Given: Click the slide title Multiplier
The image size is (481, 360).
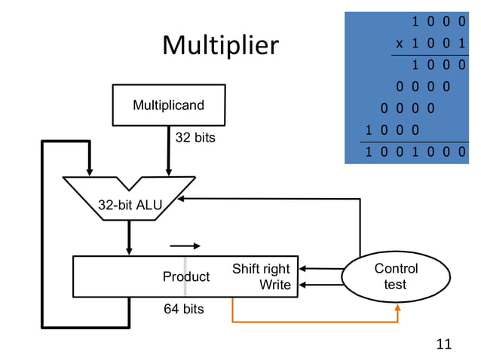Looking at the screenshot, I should [220, 47].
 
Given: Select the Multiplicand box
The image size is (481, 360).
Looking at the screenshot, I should [168, 105].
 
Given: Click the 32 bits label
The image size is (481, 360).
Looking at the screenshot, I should [195, 138].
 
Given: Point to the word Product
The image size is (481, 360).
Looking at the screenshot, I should [185, 277].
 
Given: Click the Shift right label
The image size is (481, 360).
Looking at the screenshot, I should [261, 269].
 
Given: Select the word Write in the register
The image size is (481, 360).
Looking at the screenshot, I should [274, 285].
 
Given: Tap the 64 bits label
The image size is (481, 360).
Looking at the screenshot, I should [184, 309].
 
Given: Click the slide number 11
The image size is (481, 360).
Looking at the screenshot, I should [444, 344].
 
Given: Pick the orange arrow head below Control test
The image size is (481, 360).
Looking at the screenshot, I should [397, 307].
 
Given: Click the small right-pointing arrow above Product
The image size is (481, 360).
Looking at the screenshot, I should [185, 246].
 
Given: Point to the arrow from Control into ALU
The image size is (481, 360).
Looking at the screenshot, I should [264, 199].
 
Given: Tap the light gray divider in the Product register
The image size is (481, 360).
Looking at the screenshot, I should [185, 276].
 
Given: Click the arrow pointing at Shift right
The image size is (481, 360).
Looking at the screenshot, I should [320, 268].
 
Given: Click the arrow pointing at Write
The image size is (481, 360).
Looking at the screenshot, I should [320, 285].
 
